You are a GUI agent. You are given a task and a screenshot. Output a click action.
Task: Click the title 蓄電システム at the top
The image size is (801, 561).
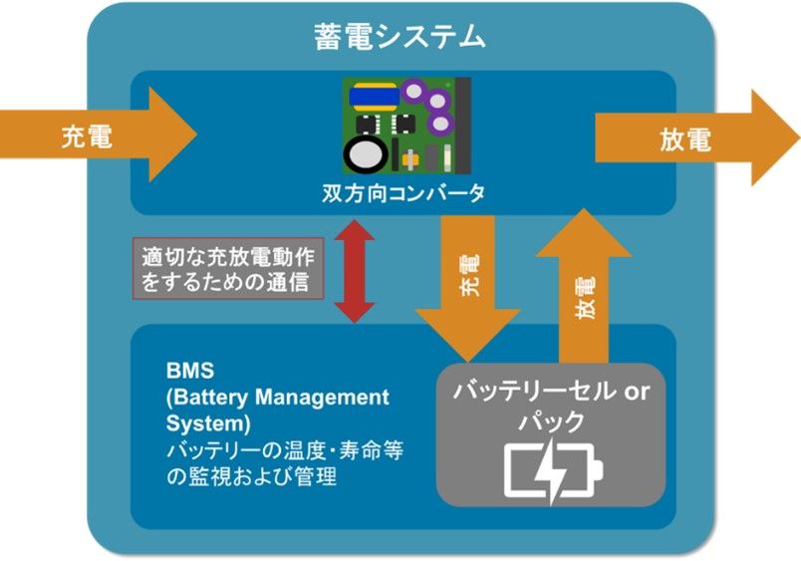[x=400, y=38]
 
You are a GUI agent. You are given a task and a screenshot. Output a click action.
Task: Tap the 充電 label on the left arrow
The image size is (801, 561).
[x=86, y=137]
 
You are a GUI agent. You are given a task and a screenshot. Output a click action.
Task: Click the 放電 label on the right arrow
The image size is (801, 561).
[x=685, y=140]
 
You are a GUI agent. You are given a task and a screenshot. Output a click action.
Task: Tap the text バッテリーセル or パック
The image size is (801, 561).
[x=552, y=405]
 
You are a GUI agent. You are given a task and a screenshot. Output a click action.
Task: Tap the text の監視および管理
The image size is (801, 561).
[x=252, y=476]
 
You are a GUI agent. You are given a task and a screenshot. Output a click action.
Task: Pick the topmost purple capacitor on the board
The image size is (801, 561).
[x=415, y=91]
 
